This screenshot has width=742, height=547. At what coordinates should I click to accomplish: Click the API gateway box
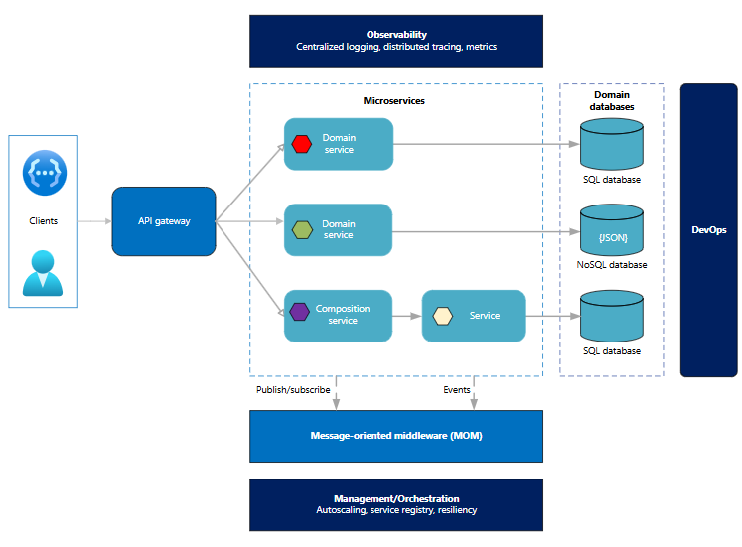click(163, 220)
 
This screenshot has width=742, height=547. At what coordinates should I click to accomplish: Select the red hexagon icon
click(302, 144)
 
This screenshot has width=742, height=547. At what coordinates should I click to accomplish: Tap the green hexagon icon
click(302, 230)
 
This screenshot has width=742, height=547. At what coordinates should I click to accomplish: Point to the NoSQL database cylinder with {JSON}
click(611, 230)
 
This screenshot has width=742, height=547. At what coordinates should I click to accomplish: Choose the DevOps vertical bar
click(708, 230)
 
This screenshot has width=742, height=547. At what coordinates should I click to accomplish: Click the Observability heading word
click(396, 35)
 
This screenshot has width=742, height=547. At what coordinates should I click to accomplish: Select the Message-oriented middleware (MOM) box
click(396, 436)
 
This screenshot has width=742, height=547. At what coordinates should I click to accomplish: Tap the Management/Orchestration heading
click(396, 498)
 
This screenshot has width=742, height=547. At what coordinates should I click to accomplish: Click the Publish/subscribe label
click(293, 390)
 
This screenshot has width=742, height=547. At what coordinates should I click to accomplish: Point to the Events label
click(457, 390)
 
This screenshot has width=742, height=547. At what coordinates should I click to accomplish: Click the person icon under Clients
click(43, 273)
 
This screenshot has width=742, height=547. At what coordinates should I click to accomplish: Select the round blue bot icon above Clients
click(43, 170)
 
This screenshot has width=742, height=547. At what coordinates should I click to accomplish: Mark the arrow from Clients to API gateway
click(94, 221)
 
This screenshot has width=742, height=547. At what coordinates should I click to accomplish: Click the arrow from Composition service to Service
click(407, 316)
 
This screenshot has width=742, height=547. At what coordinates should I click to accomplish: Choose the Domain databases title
click(612, 100)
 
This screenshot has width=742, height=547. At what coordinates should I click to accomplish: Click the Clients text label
click(43, 221)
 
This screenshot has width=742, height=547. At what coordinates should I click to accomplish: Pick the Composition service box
click(339, 316)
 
